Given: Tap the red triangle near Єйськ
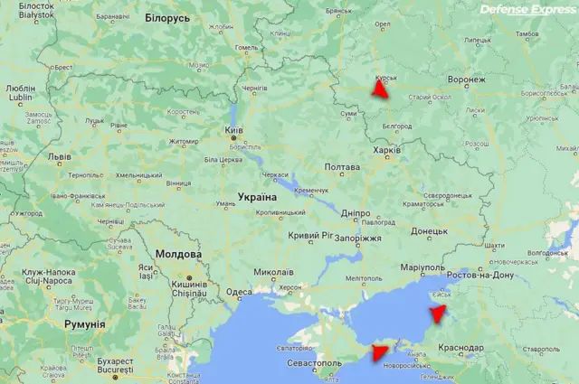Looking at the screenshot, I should coord(438,314).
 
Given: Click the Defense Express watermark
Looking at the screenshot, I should coord(527,10).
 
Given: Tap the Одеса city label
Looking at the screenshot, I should coord(239,292).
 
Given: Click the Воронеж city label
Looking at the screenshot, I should coord(466,80).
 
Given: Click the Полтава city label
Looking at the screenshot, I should coord(342,167).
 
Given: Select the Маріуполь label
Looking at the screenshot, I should coord(422,268).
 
